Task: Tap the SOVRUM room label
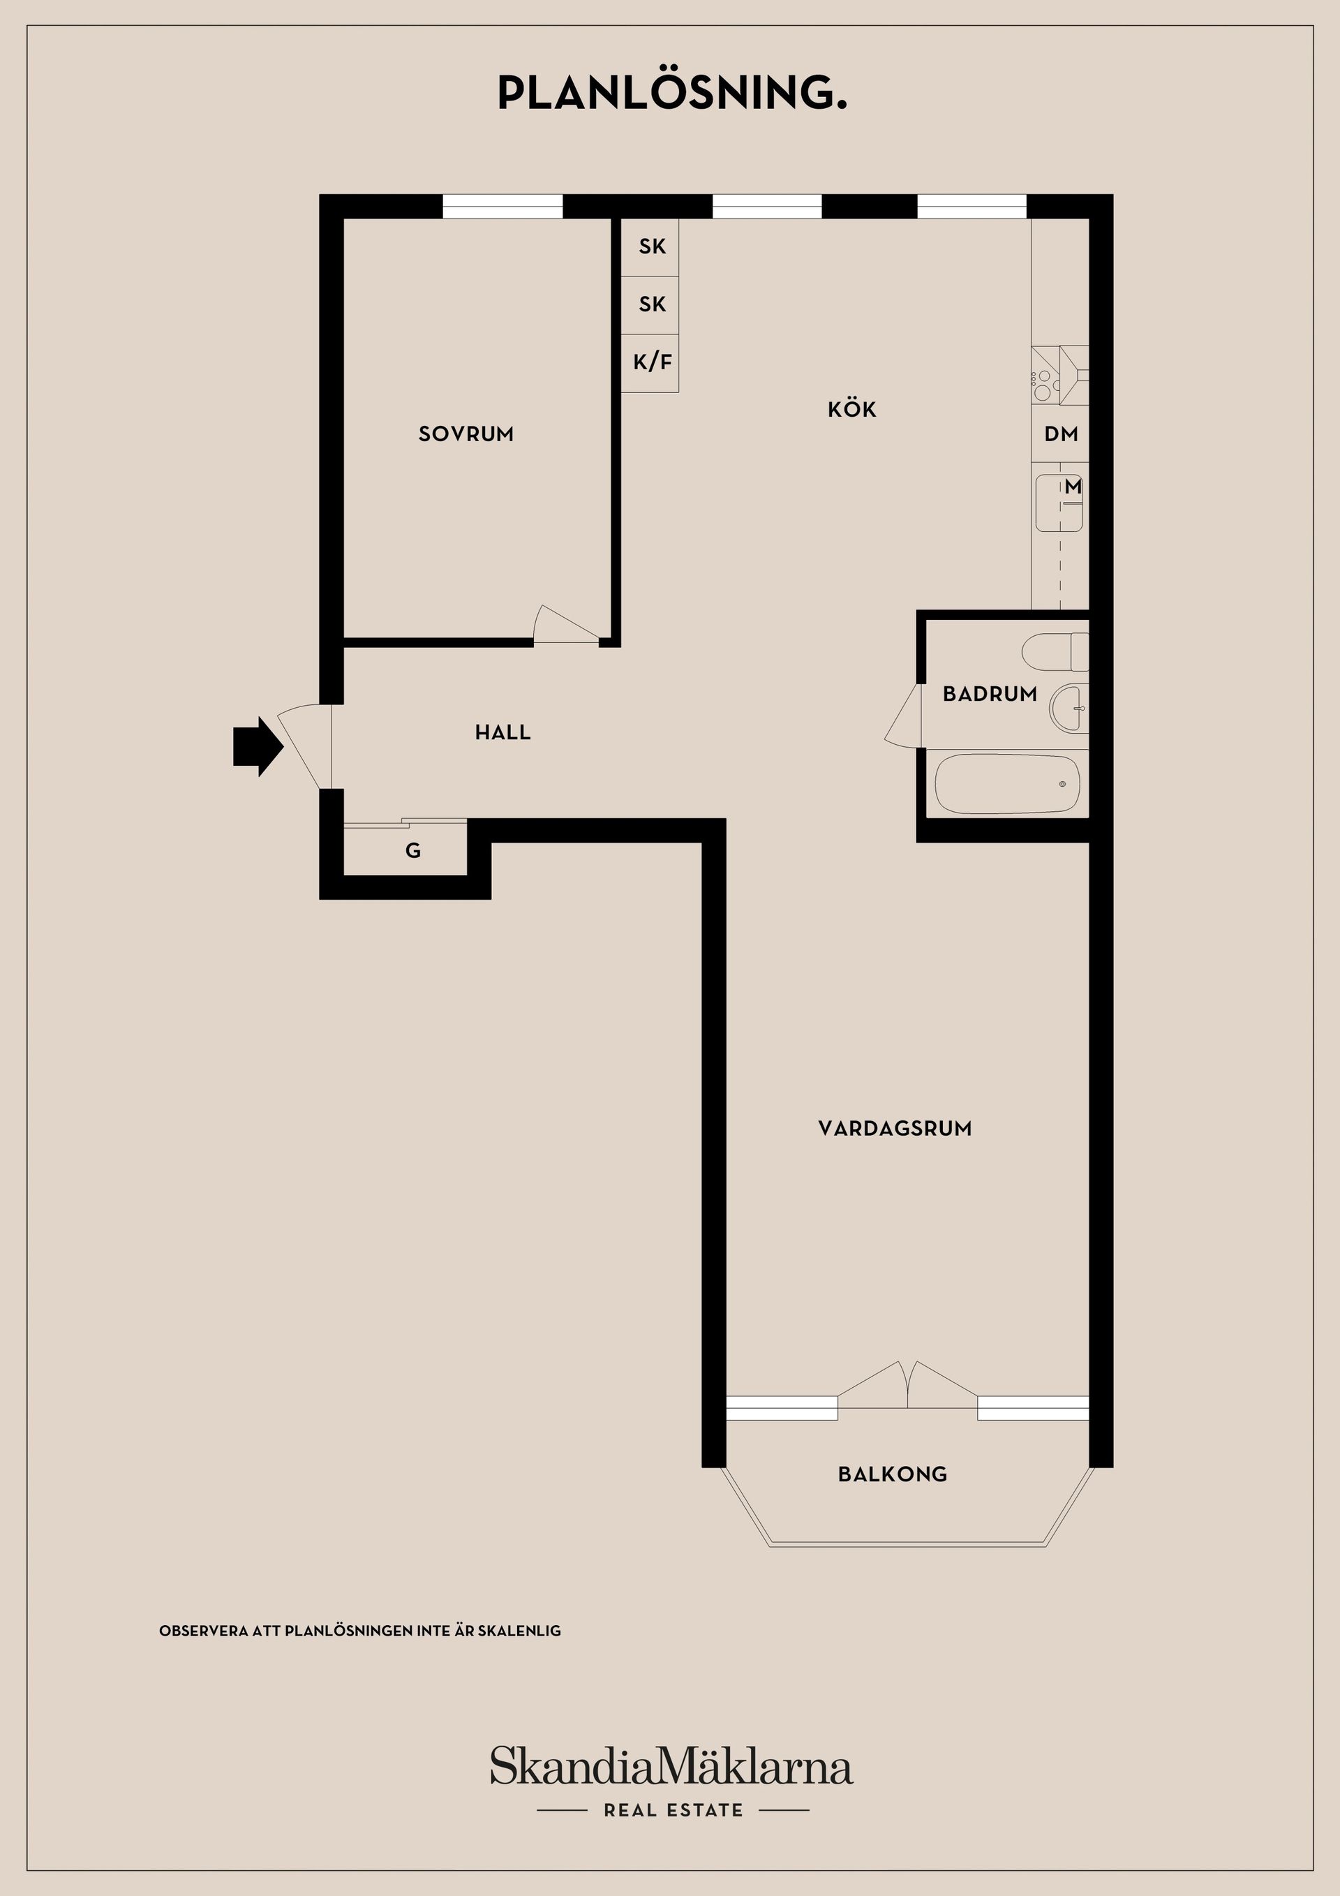466,434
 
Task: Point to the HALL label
502,732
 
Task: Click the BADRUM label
990,694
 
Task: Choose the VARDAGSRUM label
895,1129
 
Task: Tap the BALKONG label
893,1474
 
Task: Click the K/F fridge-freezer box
650,362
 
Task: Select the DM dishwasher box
1060,434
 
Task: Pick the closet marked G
405,850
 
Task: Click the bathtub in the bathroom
1007,784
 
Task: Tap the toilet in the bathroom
1055,653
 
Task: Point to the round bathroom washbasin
1069,709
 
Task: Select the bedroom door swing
567,624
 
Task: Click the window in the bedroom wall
502,207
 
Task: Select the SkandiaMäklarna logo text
671,1766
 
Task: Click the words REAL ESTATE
673,1810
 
